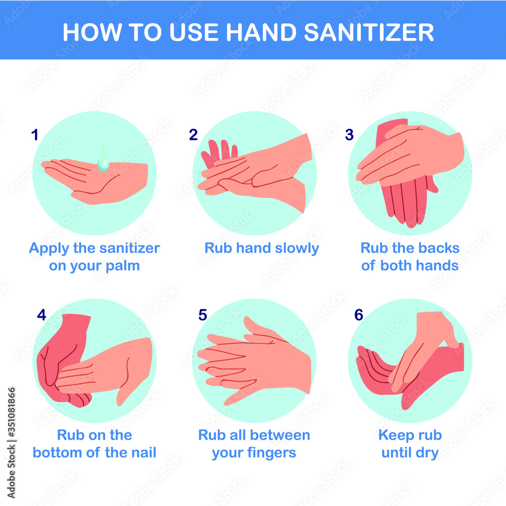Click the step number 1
34,135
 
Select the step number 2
193,135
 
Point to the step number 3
349,135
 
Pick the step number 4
41,315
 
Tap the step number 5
203,315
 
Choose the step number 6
359,315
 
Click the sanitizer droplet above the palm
103,159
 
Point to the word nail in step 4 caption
144,452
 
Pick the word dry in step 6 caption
427,452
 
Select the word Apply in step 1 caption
48,248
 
